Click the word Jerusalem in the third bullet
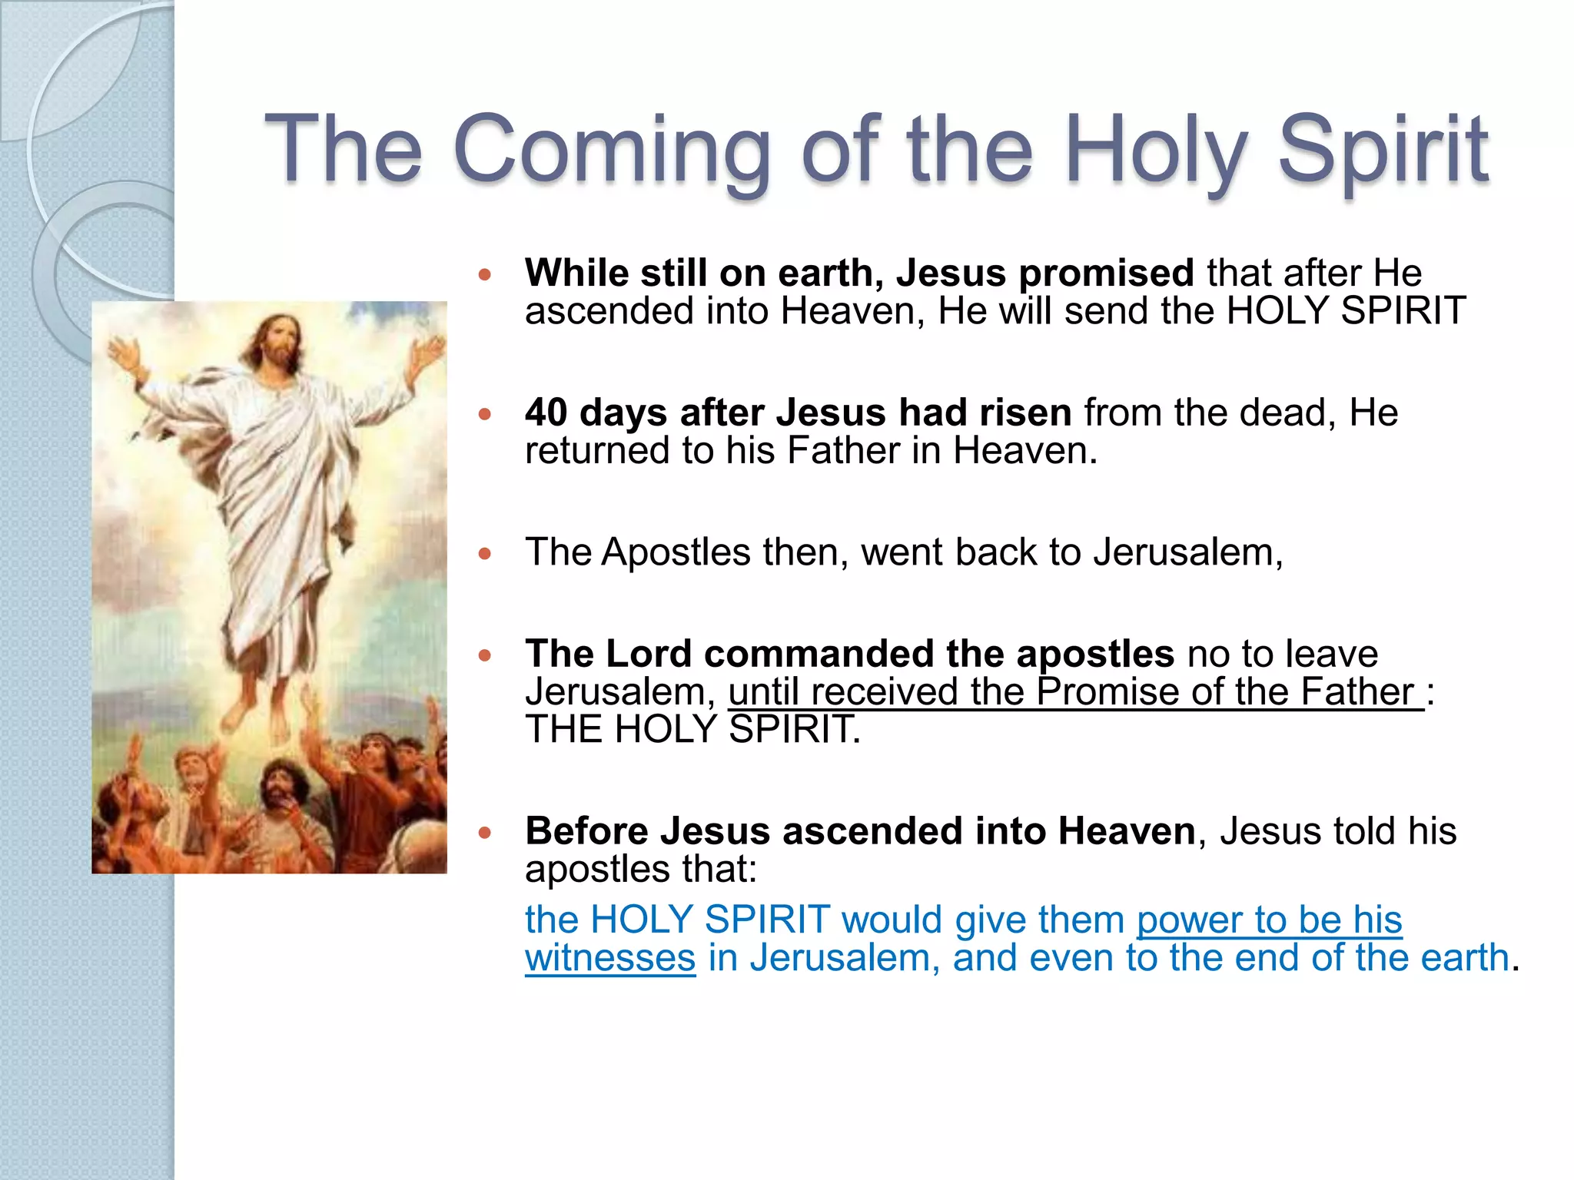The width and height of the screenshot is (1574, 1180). [x=1187, y=552]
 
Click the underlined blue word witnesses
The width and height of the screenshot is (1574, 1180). [x=610, y=958]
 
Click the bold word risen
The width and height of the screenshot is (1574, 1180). [x=1025, y=413]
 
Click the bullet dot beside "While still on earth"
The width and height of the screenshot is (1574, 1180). [x=484, y=274]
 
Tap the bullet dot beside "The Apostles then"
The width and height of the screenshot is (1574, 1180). [x=484, y=553]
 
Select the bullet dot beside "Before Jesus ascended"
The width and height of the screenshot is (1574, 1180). [x=484, y=833]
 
